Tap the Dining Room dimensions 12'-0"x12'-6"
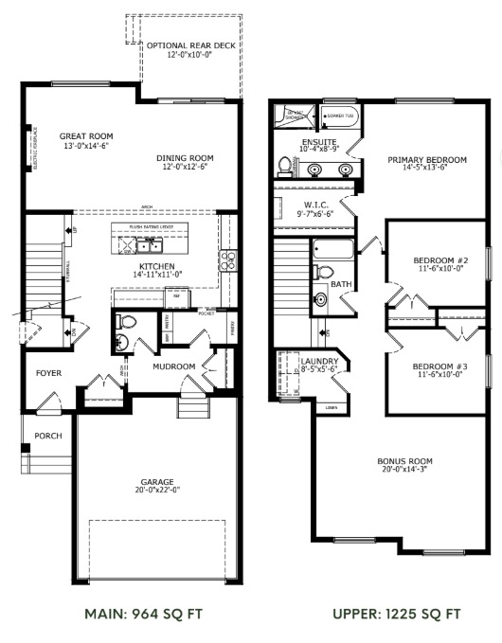click(187, 168)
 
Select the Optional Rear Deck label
click(191, 45)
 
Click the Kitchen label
click(157, 267)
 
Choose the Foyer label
click(48, 373)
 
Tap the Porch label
click(47, 437)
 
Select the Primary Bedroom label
click(426, 159)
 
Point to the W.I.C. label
click(316, 205)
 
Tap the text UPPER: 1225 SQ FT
click(398, 614)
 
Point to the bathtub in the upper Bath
click(332, 252)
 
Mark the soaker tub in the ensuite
click(338, 117)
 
